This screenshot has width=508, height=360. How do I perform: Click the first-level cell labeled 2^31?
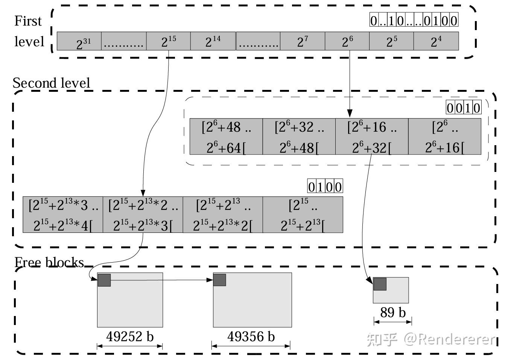point(79,41)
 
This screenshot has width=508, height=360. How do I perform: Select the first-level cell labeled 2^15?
point(169,41)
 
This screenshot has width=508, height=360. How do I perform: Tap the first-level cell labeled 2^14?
point(213,41)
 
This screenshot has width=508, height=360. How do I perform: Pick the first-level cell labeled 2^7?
point(303,41)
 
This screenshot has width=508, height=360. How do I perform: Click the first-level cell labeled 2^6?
point(347,41)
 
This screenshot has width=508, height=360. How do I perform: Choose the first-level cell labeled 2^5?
point(392,41)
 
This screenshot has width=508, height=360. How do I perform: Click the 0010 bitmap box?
point(464,107)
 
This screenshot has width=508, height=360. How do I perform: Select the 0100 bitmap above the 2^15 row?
point(325,186)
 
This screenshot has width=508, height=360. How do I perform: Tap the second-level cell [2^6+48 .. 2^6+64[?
point(226,137)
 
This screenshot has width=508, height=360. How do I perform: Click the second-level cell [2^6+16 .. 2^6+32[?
point(372,137)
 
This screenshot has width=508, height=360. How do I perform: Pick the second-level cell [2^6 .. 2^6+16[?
point(445,137)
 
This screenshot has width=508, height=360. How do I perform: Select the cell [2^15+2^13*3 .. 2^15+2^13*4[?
point(63,215)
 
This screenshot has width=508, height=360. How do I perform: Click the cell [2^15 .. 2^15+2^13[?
point(303,215)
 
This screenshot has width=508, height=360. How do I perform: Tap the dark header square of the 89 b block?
point(380,284)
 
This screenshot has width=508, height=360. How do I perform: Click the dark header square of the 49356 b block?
point(219,280)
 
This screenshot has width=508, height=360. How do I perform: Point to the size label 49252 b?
point(130,336)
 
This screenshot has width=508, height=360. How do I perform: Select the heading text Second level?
point(51,83)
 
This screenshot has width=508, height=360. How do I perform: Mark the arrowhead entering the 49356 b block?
point(210,280)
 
